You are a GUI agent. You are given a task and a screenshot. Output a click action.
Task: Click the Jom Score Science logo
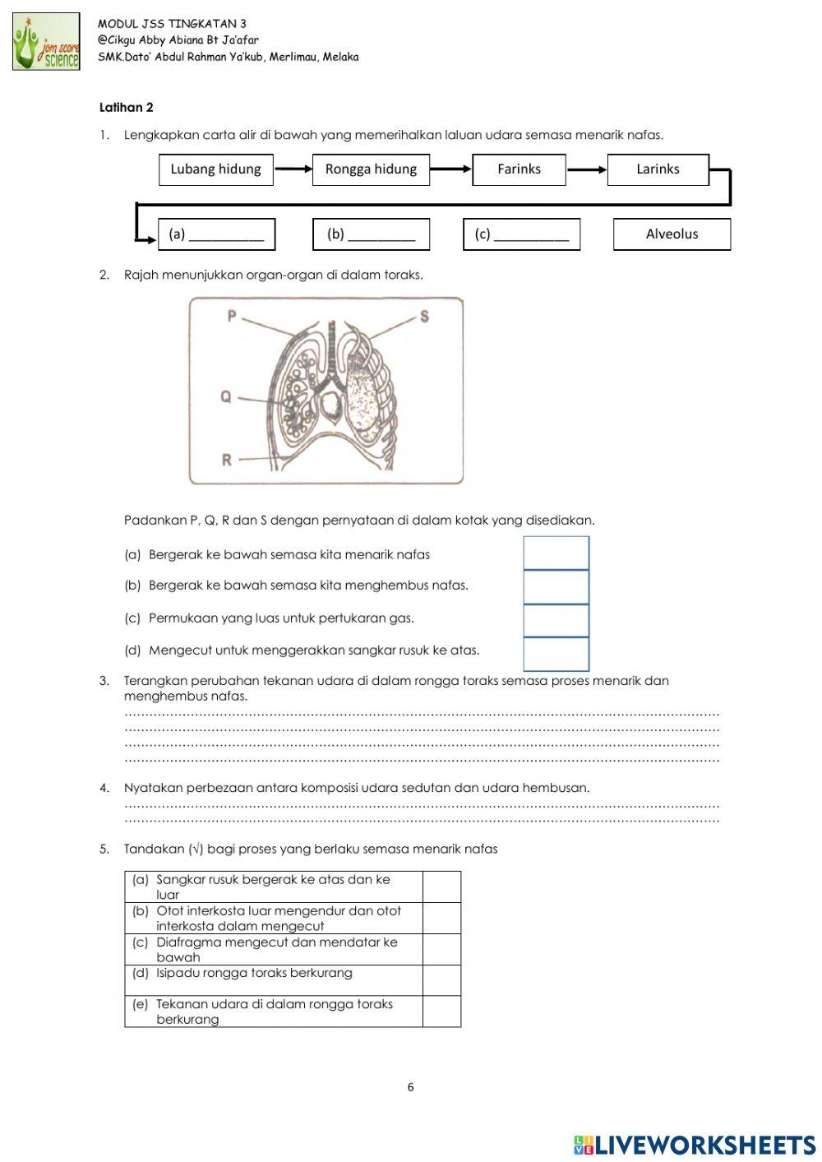click(x=47, y=42)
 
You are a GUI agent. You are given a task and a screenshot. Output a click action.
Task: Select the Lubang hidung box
click(x=215, y=169)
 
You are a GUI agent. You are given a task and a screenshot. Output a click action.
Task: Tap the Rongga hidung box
click(x=371, y=169)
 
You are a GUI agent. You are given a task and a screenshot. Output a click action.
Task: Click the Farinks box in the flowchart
click(x=519, y=169)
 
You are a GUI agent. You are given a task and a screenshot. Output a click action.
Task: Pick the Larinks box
click(x=658, y=169)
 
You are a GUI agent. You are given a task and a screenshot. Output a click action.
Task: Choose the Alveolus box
click(x=672, y=234)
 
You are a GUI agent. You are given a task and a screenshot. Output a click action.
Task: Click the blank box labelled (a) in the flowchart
click(x=217, y=234)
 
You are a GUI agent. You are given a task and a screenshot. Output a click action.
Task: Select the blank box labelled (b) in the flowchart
click(x=372, y=234)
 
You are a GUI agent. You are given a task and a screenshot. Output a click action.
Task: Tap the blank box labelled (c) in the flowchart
click(x=522, y=234)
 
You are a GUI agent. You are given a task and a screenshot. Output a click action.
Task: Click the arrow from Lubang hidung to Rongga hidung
click(x=293, y=169)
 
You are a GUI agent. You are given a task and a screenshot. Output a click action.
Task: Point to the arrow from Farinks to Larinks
click(x=586, y=169)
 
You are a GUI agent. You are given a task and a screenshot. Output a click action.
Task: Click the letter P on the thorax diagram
click(x=233, y=316)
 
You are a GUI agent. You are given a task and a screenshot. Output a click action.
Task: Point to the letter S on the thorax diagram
click(x=425, y=316)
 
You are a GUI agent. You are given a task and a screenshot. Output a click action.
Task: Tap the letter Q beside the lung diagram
click(x=225, y=397)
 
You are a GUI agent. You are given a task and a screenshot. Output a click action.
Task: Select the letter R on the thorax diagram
click(x=227, y=460)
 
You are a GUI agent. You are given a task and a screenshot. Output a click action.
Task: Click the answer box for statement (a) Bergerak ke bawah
click(x=556, y=553)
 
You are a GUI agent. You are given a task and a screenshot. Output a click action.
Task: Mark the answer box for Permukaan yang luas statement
click(x=556, y=620)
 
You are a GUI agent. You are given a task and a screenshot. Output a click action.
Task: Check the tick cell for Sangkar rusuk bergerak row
click(x=441, y=887)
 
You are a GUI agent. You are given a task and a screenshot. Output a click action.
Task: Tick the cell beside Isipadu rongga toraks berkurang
click(x=441, y=980)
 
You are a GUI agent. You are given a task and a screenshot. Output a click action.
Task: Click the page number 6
click(x=411, y=1087)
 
